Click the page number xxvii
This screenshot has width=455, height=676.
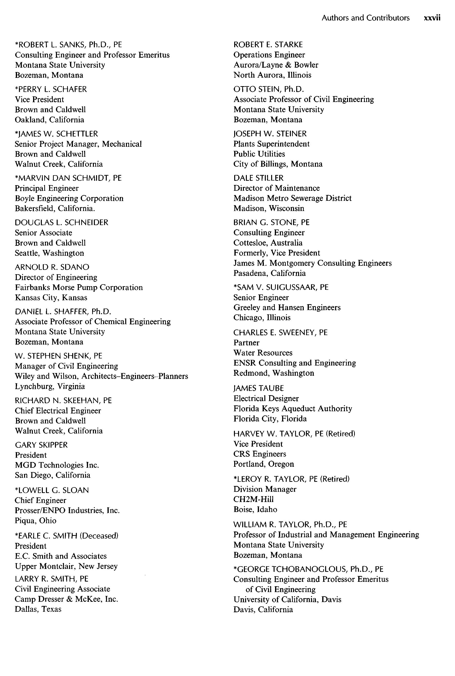432,18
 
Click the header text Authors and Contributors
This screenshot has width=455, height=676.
365,18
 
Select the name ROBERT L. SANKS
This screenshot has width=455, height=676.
51,45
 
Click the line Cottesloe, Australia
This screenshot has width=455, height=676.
268,243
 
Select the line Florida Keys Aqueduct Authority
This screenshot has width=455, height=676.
293,409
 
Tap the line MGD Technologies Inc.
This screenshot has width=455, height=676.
57,465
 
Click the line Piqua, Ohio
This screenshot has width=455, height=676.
36,520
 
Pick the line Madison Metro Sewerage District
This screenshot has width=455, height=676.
292,198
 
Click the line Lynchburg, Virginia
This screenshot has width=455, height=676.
50,386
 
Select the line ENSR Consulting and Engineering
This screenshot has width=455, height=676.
294,363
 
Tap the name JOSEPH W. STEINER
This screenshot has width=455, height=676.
270,134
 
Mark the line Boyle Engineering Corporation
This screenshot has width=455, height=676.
69,198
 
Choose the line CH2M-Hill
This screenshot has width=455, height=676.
253,499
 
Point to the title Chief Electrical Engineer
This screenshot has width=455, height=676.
58,411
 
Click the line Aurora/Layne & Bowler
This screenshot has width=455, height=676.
276,65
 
